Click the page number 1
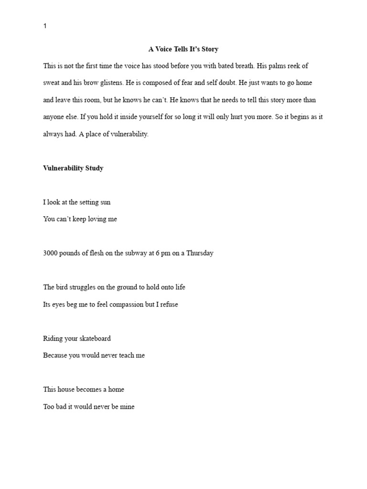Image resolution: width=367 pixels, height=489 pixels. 45,26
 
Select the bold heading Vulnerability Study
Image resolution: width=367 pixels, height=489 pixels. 73,168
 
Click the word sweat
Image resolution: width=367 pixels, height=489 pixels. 52,83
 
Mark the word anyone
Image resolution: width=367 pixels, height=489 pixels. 54,117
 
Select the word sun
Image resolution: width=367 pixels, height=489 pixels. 105,202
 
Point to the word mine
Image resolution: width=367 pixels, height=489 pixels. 128,407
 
